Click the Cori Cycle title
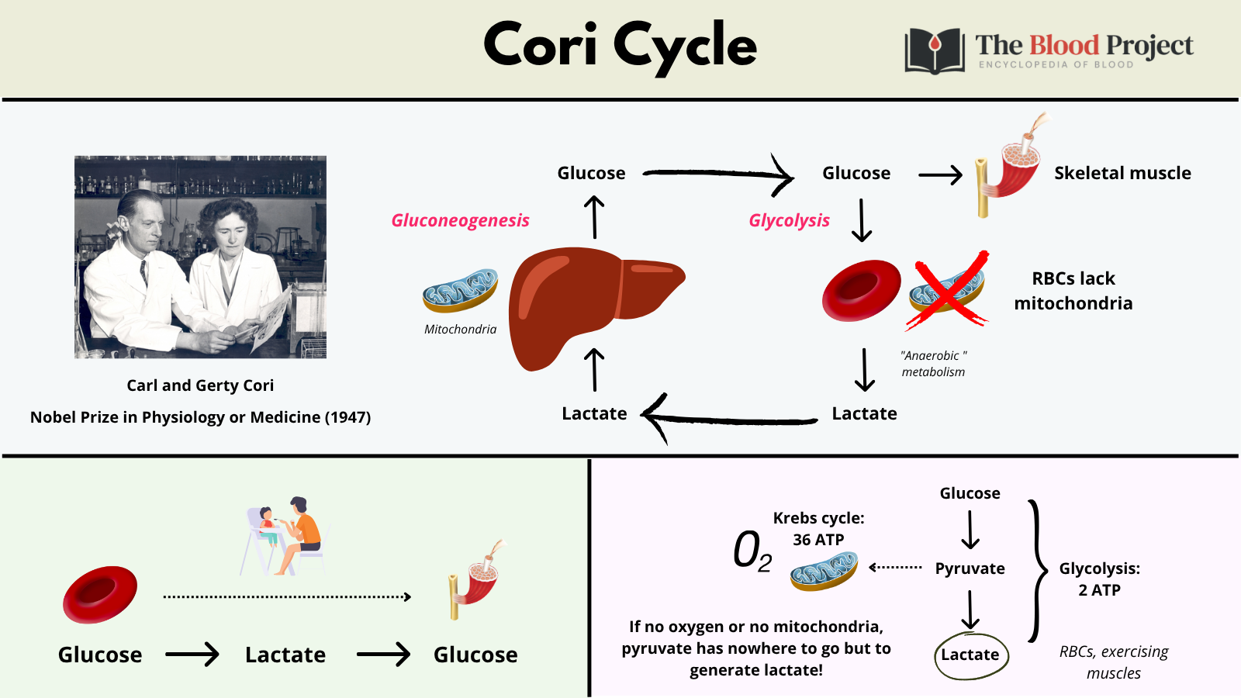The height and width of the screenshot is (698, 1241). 620,46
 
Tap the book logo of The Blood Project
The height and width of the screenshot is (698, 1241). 935,51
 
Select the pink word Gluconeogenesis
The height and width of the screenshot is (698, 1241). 460,220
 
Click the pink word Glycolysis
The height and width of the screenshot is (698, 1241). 789,220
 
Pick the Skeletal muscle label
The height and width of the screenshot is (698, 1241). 1122,173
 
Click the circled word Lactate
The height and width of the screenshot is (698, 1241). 970,655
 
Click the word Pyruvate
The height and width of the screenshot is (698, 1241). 970,568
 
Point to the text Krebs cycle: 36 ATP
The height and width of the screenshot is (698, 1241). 818,529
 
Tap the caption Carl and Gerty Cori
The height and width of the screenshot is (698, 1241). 200,385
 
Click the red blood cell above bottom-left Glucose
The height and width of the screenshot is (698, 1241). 100,594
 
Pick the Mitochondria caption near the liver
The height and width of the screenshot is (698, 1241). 460,330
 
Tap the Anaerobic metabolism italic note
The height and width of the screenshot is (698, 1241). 934,364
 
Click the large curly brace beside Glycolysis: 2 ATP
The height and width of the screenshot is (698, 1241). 1035,572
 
